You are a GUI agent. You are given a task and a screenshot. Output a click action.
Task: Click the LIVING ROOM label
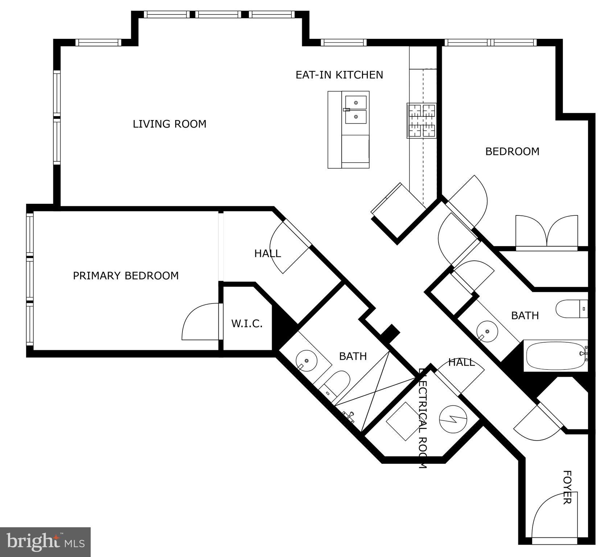169,124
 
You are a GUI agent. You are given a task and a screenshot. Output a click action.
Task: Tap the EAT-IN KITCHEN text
339,75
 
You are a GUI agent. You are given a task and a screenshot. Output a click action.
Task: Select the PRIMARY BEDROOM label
126,276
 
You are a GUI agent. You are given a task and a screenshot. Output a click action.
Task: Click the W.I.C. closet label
247,323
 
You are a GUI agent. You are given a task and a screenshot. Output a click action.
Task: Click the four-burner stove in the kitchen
421,121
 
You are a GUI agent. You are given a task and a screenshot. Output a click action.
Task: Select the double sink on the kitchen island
355,110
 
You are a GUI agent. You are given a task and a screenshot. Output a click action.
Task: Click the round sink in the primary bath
306,361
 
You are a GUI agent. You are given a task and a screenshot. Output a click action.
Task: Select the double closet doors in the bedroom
547,231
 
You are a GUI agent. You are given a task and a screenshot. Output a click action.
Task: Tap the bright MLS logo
45,542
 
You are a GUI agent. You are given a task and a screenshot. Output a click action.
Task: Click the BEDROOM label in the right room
512,151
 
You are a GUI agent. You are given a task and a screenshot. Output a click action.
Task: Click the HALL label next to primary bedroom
267,253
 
